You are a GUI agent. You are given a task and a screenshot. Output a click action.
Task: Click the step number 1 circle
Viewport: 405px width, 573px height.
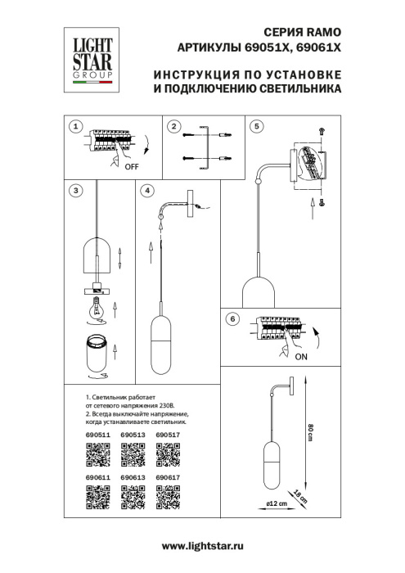click(75, 127)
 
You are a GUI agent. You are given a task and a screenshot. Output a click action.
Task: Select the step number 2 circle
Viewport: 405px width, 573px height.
click(173, 127)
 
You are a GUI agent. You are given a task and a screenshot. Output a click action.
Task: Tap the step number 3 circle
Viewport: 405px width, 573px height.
click(75, 191)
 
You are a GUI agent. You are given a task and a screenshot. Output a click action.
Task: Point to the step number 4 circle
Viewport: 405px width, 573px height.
click(147, 191)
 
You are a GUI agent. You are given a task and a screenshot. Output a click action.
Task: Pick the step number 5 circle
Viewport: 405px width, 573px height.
click(256, 127)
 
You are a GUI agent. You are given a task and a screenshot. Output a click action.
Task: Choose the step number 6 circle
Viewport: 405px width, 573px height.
click(232, 320)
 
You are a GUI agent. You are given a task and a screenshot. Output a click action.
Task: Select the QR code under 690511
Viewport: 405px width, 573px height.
click(98, 453)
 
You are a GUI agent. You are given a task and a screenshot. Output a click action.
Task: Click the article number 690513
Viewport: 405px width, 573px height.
click(133, 435)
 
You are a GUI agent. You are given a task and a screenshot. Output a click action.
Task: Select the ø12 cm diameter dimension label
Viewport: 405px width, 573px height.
click(277, 504)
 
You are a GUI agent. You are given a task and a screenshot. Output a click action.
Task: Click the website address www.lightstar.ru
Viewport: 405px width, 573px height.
click(203, 545)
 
